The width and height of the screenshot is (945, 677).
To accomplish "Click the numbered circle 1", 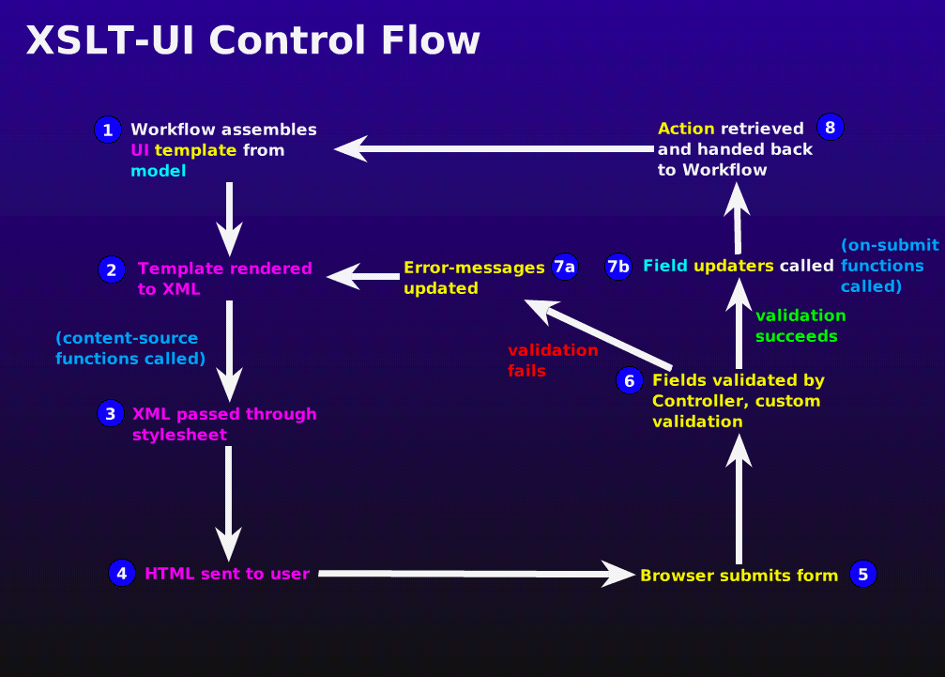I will point(108,130).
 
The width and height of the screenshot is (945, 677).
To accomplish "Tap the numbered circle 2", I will point(111,270).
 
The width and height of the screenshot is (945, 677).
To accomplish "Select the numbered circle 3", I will point(111,413).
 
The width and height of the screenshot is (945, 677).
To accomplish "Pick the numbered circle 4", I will point(122,573).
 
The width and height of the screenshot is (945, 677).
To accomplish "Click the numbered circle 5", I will point(863,574).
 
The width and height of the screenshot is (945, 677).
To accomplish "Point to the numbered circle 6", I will point(630,380).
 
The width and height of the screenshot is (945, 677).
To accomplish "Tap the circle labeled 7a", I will point(564,267).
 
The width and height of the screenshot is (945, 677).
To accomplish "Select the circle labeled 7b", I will point(618,267).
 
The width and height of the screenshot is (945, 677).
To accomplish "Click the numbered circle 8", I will point(831,127).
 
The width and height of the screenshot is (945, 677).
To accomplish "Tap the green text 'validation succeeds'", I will point(800,325).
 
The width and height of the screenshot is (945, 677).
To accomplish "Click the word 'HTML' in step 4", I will point(169,574).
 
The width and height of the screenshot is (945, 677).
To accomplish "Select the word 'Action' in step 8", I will point(686,129).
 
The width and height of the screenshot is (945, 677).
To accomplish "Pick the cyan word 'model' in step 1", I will point(158,171).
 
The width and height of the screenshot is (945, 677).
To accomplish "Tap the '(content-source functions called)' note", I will point(130,348).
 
